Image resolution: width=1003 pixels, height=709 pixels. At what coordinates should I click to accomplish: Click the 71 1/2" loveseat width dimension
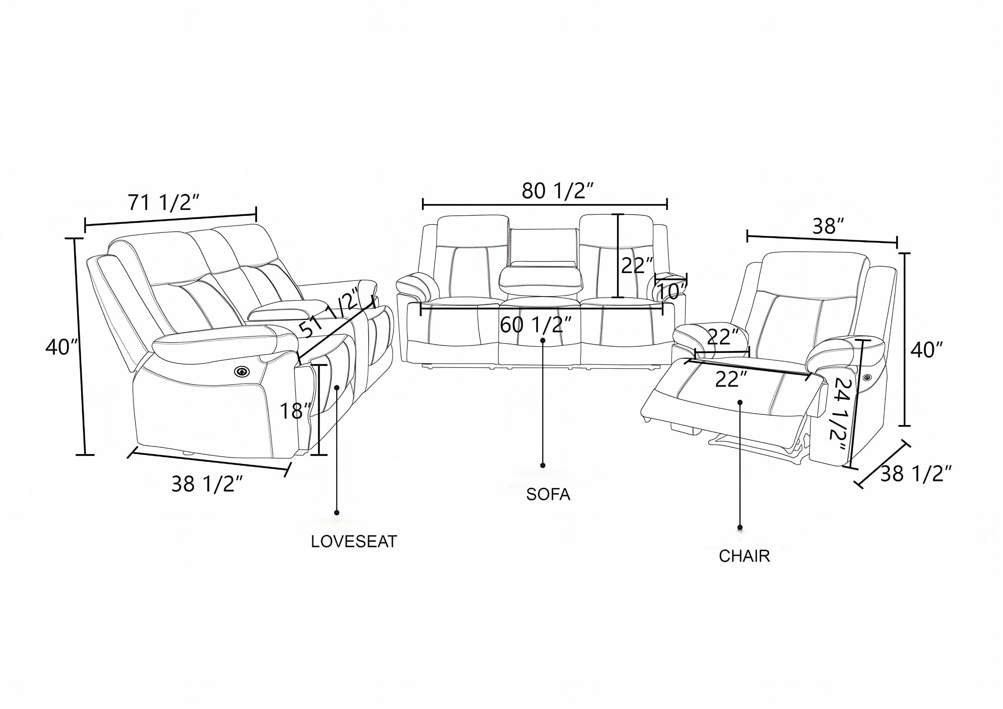point(163,203)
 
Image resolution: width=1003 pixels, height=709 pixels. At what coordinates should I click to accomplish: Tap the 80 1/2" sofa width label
point(558,191)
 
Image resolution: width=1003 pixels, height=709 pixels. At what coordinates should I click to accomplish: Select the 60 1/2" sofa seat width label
point(536,325)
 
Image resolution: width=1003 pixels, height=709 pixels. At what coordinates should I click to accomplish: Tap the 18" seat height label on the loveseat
point(295,411)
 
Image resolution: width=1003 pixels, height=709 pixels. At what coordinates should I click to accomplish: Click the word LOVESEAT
point(354,542)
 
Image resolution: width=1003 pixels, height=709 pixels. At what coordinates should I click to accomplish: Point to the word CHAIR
point(744,556)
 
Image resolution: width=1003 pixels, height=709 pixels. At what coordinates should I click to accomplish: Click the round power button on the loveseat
point(241,371)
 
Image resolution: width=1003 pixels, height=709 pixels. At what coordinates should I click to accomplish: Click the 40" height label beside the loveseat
point(62,347)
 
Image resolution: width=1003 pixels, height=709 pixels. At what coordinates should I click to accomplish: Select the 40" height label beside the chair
point(927,349)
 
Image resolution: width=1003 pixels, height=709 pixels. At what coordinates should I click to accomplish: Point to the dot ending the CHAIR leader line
point(740,527)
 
